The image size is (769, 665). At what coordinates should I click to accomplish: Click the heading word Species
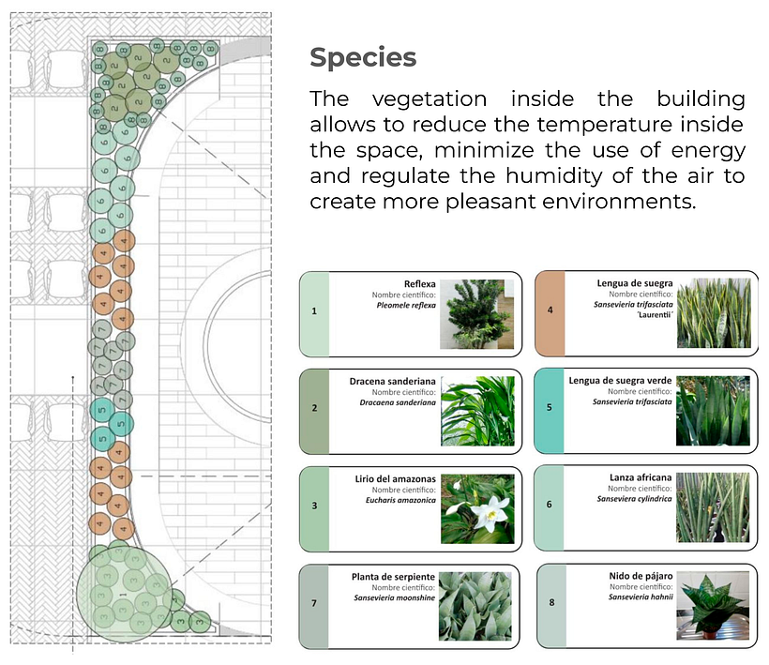363,58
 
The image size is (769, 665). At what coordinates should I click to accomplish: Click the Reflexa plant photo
476,314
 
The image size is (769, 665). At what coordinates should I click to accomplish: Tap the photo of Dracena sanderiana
477,411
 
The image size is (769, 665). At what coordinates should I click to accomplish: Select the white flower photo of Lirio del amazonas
477,508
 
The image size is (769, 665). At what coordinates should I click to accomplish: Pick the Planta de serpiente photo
475,606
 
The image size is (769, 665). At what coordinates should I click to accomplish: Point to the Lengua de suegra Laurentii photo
714,313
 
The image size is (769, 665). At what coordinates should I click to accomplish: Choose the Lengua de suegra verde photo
713,411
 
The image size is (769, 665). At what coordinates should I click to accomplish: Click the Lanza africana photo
713,507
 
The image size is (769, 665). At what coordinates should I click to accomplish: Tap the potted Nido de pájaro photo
713,606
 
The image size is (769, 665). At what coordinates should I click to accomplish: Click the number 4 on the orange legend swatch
550,310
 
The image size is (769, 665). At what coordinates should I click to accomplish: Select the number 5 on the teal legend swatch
550,407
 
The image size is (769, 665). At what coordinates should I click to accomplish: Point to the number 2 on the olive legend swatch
314,407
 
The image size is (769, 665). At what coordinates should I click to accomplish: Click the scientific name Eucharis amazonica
400,500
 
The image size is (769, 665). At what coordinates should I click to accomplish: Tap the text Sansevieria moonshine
394,597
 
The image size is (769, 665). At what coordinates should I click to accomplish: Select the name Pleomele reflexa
406,305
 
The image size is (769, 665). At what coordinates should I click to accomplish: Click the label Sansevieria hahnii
641,597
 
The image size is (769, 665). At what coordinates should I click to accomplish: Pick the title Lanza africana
641,477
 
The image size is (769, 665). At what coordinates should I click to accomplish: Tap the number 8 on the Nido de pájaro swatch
551,602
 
